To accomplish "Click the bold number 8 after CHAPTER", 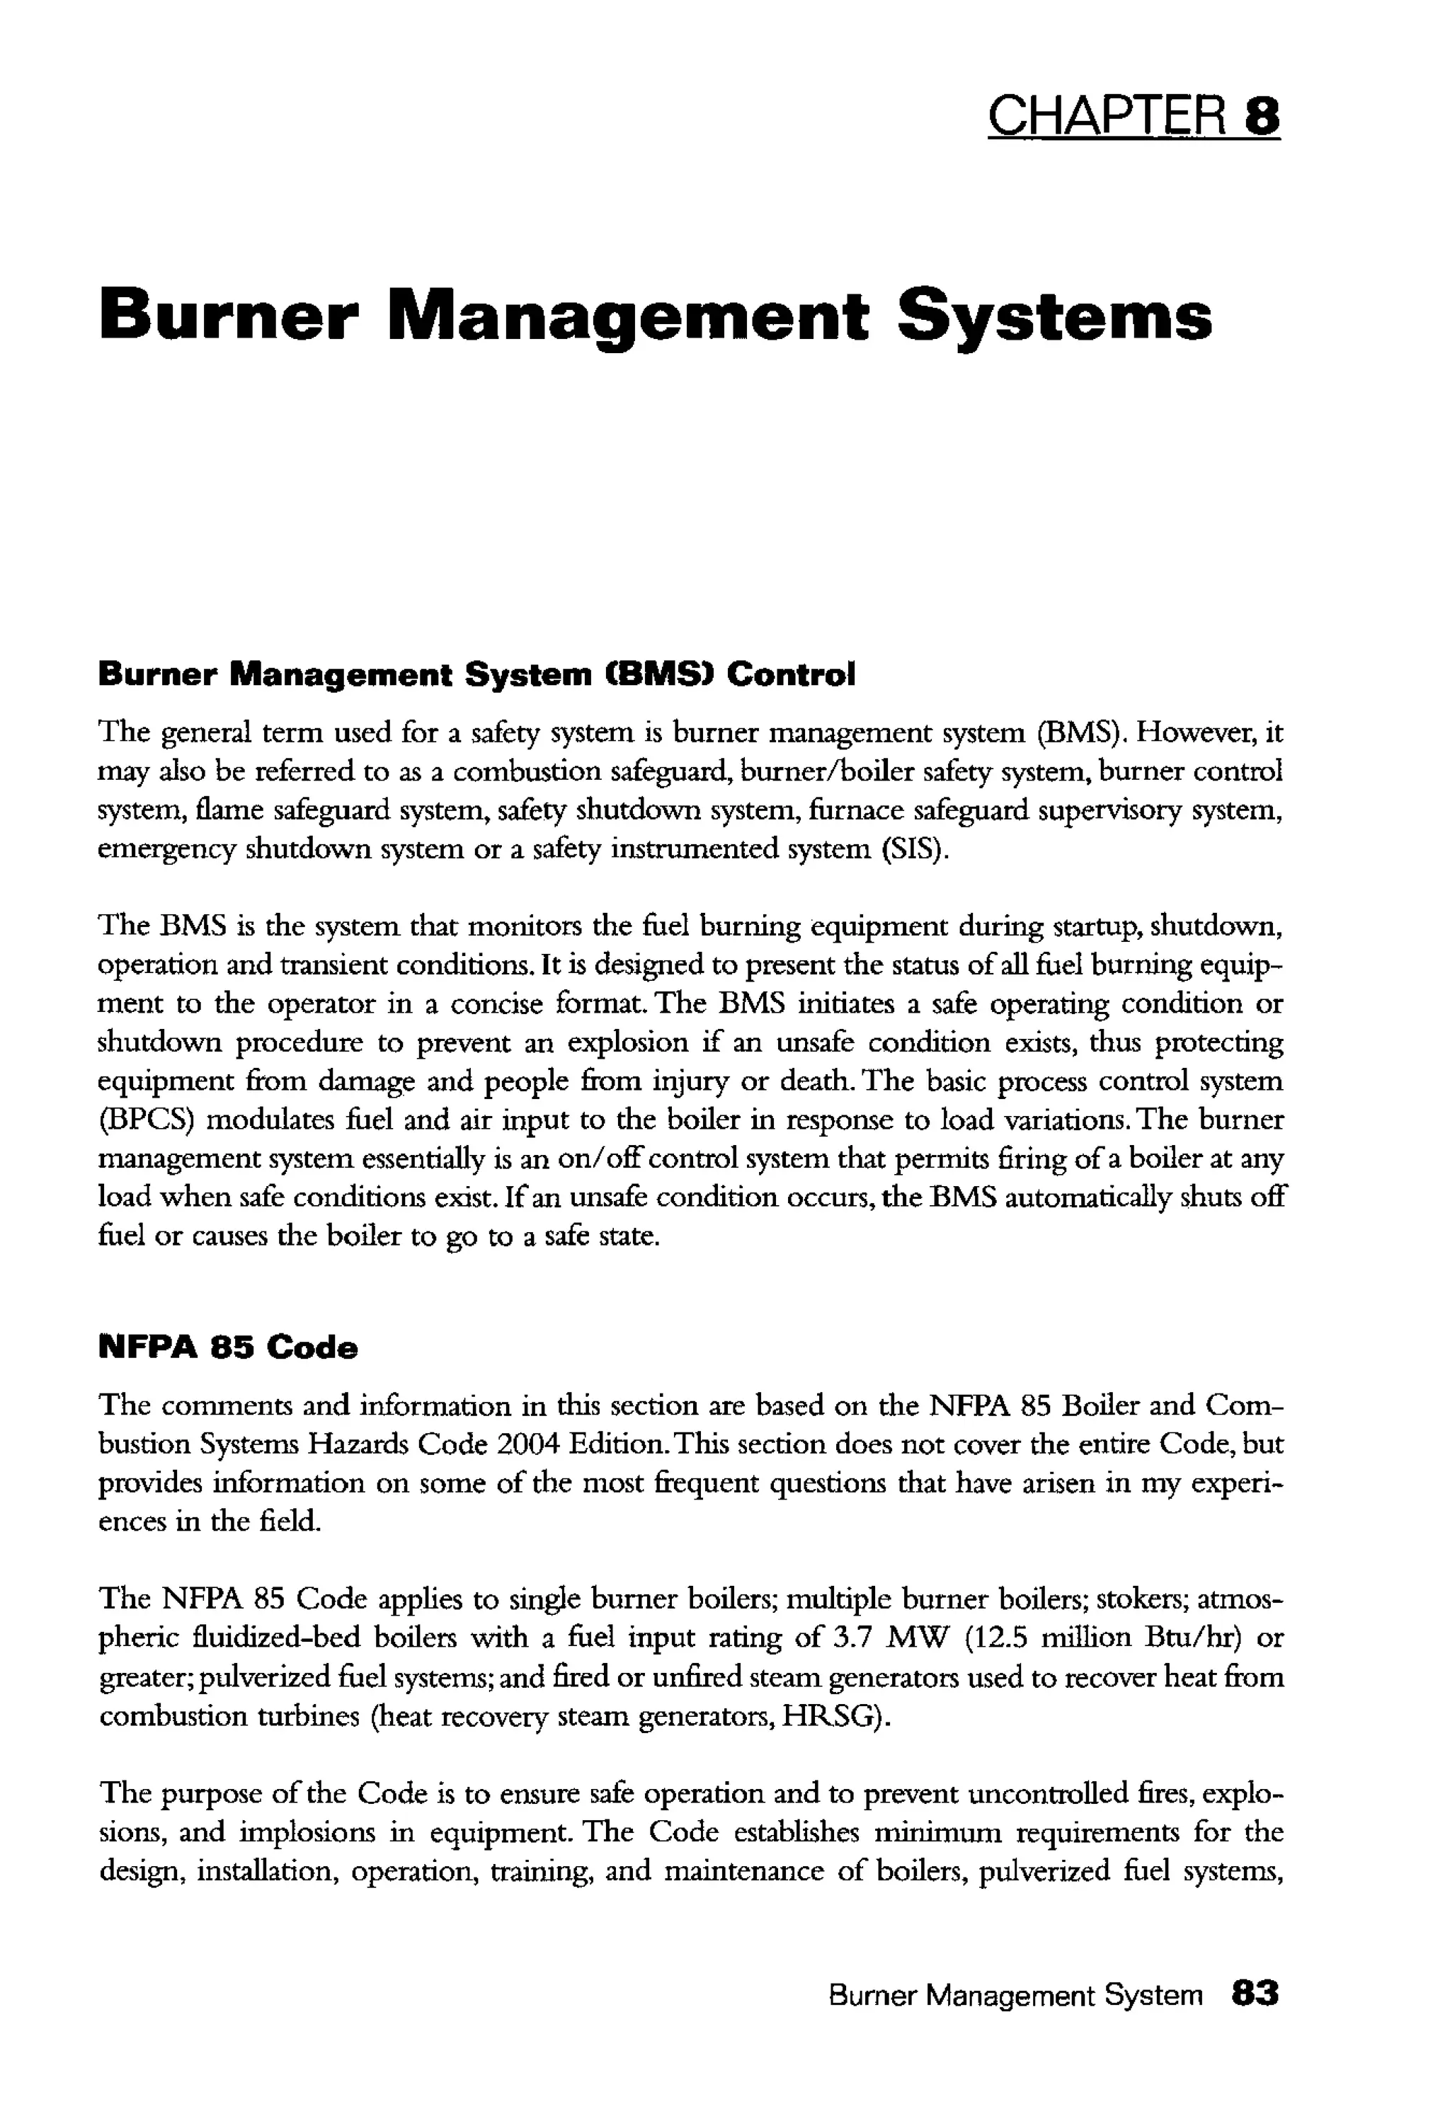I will click(x=1262, y=116).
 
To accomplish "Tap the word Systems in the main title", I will click(x=1054, y=318).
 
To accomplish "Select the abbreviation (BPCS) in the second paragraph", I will click(x=140, y=1120).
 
